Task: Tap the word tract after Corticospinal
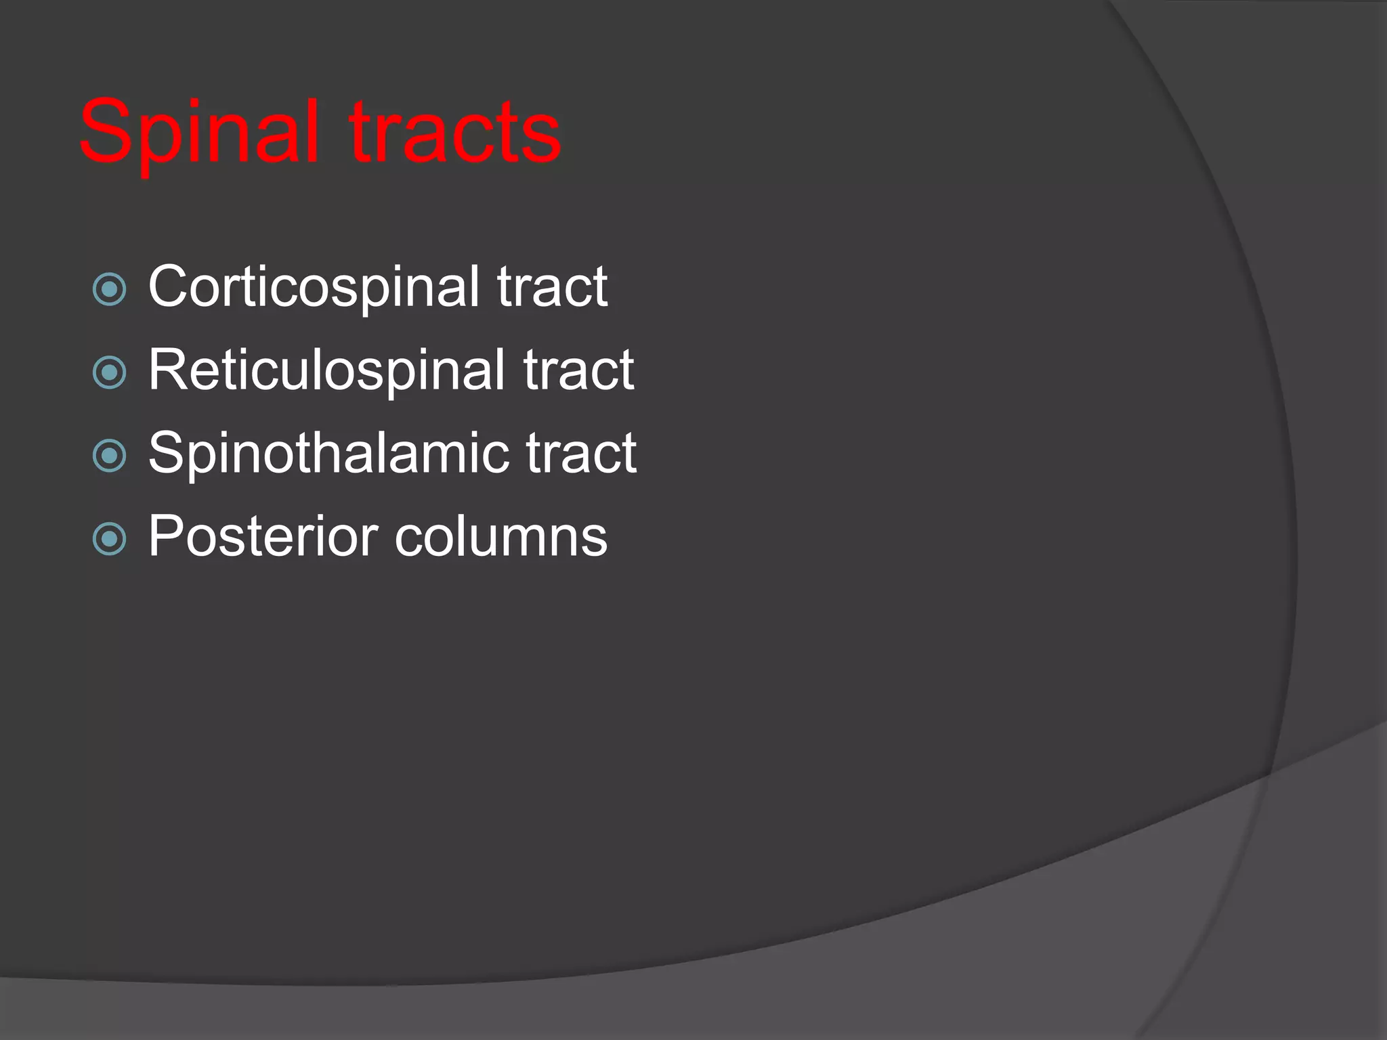[x=552, y=288]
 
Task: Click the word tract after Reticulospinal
[x=578, y=370]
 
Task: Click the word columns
[x=501, y=537]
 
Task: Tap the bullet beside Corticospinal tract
[x=109, y=290]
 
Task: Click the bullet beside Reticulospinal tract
[x=109, y=372]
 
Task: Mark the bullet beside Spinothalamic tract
[x=109, y=456]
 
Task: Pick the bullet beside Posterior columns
[x=109, y=540]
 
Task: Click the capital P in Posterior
[x=167, y=536]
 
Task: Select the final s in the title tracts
[x=542, y=139]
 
